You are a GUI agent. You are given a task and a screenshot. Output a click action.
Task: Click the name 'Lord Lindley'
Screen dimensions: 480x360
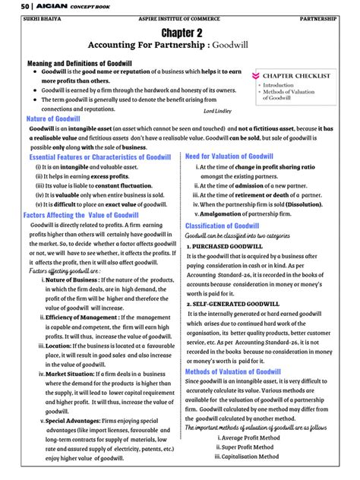(219, 111)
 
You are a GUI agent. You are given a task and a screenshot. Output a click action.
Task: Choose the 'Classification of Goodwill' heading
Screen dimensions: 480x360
(222, 226)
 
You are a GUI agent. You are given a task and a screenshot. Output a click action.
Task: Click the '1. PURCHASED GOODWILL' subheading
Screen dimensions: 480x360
(229, 248)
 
